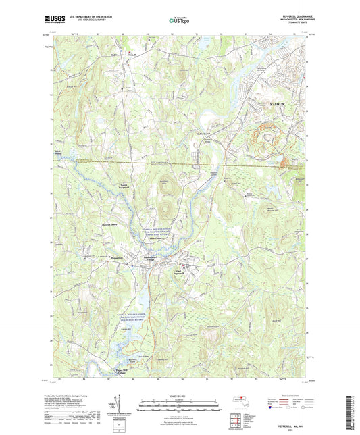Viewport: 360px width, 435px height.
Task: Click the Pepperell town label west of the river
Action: [x=117, y=257]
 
